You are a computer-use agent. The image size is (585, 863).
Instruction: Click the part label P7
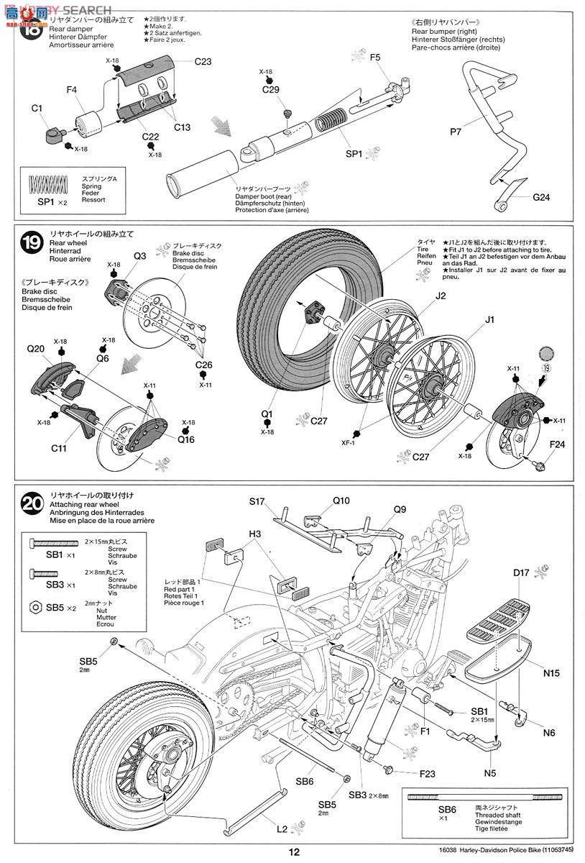[456, 132]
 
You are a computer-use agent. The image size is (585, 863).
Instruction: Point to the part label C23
[202, 62]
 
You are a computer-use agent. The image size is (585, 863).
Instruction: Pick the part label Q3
[139, 255]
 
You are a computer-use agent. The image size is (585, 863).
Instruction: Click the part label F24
[557, 444]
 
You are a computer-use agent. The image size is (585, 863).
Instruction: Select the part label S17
[258, 501]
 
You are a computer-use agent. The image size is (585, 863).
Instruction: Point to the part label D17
[522, 573]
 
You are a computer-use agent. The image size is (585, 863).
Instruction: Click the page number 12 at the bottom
[293, 852]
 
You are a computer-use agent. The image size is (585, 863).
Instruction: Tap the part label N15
[552, 673]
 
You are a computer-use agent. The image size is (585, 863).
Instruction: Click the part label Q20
[36, 349]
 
